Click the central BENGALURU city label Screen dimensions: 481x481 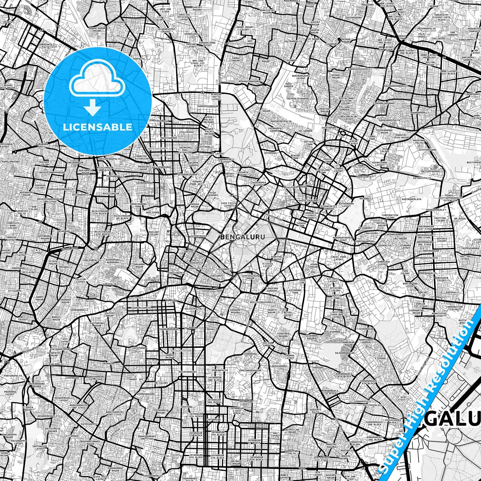(243, 237)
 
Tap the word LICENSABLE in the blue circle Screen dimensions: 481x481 (98, 127)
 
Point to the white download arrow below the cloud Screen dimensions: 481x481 (93, 108)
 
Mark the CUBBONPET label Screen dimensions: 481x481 (224, 269)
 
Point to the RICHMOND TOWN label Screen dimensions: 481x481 (295, 292)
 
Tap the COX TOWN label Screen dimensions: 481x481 (359, 166)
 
